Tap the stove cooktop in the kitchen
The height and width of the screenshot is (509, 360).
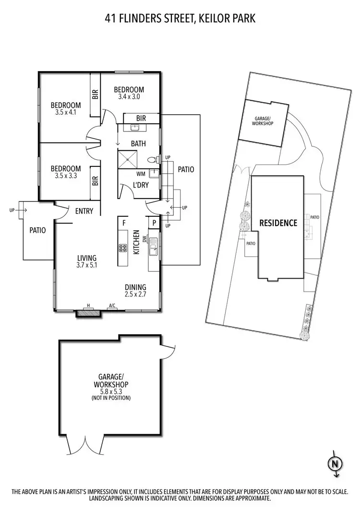tap(123, 248)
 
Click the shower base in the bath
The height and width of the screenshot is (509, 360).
tap(129, 159)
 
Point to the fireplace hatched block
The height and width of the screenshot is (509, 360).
tap(88, 313)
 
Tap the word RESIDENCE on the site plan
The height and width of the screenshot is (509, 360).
tap(278, 223)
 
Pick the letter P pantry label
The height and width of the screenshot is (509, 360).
tap(155, 223)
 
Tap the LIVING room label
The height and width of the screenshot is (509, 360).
tap(86, 257)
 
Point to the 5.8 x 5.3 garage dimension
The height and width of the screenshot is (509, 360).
tap(112, 391)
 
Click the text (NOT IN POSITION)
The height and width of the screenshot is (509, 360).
tap(112, 398)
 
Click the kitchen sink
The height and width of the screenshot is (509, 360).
tap(154, 249)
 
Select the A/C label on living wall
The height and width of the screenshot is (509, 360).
tap(112, 305)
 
